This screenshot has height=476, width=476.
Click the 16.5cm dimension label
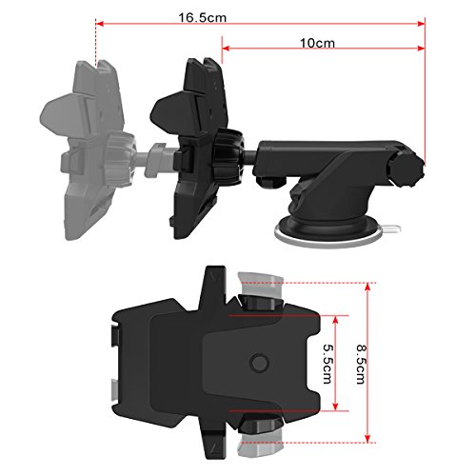click(x=203, y=18)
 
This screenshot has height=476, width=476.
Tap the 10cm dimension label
click(x=317, y=43)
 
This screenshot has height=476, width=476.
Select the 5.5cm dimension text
click(x=327, y=364)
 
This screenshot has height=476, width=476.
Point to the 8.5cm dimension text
click(x=361, y=365)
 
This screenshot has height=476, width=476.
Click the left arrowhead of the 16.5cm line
click(x=100, y=24)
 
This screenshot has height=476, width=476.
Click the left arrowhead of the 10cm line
click(x=226, y=49)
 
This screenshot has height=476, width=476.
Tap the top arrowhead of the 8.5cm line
click(x=367, y=287)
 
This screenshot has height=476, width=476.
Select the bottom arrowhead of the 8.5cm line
click(x=367, y=438)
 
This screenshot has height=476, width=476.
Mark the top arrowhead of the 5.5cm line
click(x=335, y=320)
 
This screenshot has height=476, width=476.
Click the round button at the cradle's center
click(x=259, y=363)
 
